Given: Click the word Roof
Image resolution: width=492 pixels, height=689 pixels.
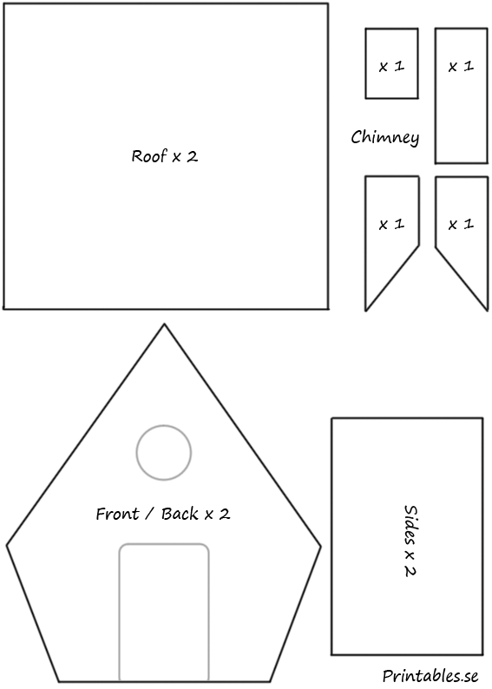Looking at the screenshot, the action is [x=149, y=156].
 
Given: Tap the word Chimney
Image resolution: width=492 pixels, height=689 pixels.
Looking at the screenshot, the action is [x=384, y=137].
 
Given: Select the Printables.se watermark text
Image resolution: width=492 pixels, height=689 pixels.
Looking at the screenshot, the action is [x=430, y=676].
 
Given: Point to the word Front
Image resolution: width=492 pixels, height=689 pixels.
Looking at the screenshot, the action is [x=118, y=514].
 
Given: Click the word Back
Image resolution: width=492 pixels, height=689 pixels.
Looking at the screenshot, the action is [x=180, y=514].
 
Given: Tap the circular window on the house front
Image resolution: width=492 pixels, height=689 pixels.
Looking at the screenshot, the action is [x=164, y=425].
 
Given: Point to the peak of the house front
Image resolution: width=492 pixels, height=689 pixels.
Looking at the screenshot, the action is [x=164, y=325].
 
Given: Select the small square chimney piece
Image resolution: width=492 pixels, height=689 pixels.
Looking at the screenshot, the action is [x=391, y=63].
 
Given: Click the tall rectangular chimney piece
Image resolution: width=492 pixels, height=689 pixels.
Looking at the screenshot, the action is [x=462, y=95].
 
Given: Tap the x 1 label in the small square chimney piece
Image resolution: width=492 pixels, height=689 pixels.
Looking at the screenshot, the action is [x=391, y=66].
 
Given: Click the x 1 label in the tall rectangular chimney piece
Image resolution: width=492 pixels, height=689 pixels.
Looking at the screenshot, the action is [x=461, y=66].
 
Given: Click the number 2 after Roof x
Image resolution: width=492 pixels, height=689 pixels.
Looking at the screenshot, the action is [x=192, y=156].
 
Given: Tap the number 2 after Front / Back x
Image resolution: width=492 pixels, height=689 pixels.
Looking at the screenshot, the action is [x=225, y=514].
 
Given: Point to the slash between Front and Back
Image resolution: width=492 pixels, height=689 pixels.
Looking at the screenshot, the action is [x=150, y=514].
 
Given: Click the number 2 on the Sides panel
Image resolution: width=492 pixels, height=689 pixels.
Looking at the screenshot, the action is [x=410, y=570].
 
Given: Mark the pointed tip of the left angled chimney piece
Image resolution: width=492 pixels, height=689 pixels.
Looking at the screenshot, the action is [x=365, y=312].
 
